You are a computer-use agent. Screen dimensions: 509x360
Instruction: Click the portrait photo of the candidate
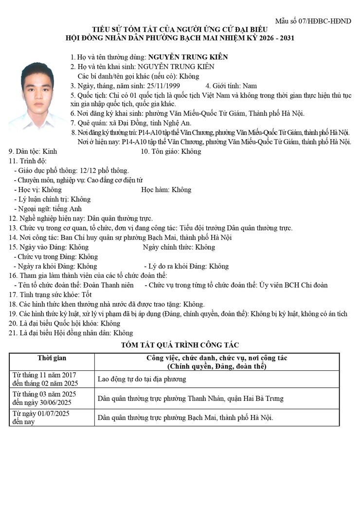(x=37, y=95)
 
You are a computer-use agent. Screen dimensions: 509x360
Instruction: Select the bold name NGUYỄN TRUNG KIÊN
(x=188, y=57)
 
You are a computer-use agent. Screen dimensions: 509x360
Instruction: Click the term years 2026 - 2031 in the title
(x=267, y=37)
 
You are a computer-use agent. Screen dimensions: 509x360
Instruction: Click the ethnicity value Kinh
(x=52, y=151)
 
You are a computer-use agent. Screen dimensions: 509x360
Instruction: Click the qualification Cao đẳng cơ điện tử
(x=114, y=180)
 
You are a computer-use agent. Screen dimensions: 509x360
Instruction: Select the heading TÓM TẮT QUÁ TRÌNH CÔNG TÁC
(x=180, y=345)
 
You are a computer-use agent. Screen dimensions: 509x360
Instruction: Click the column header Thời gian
(x=52, y=358)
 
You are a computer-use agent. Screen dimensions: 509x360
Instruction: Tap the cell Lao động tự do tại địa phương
(x=142, y=379)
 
